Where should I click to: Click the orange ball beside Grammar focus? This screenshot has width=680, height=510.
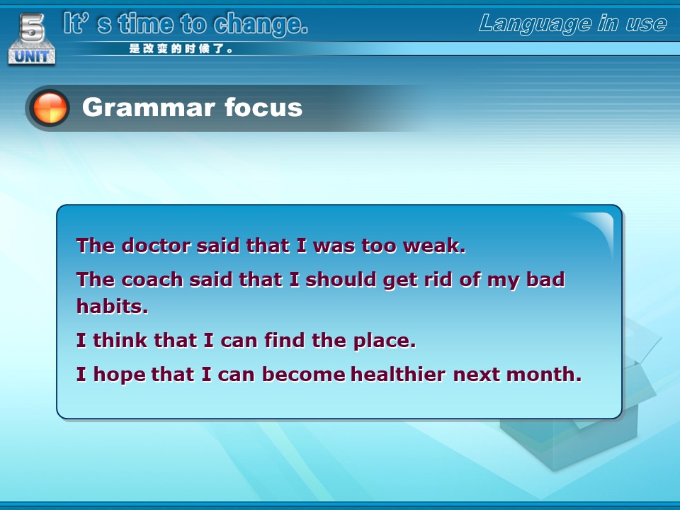tap(50, 108)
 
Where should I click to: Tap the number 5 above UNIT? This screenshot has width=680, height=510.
tap(32, 28)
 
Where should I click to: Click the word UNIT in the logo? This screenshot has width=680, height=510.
tap(32, 56)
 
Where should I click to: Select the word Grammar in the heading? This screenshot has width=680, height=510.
tap(148, 108)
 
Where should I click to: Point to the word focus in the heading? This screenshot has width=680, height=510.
tap(263, 107)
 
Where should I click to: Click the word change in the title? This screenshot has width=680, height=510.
tap(261, 24)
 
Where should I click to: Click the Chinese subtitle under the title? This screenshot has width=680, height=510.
tap(181, 49)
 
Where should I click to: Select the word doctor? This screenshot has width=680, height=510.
tap(156, 246)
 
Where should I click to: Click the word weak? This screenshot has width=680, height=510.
tap(434, 246)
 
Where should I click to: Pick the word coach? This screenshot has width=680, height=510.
tap(152, 280)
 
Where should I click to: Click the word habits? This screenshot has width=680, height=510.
tap(113, 306)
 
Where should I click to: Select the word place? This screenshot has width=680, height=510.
tap(385, 341)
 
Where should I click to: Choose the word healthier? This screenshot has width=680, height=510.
tap(398, 374)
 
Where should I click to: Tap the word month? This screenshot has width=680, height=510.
tap(544, 374)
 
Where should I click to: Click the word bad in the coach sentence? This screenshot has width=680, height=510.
tap(545, 280)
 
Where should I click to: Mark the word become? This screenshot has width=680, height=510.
tap(304, 374)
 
